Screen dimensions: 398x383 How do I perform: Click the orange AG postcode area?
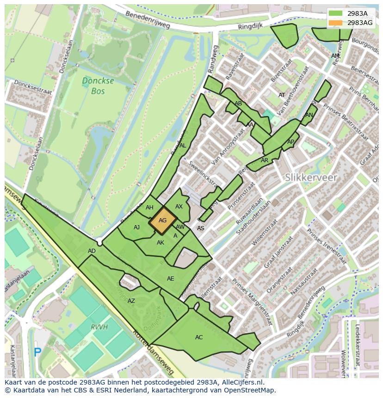click(162, 220)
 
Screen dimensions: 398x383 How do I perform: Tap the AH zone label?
click(149, 208)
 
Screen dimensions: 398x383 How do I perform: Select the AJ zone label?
click(136, 227)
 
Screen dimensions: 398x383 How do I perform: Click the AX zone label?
click(179, 207)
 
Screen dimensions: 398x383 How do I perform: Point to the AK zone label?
click(161, 243)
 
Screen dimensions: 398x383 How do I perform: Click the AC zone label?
click(199, 337)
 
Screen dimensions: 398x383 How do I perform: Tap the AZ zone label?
click(131, 301)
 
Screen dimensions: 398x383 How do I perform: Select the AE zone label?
click(171, 279)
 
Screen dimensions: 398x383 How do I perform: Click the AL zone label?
click(183, 146)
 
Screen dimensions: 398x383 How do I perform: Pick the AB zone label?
click(238, 104)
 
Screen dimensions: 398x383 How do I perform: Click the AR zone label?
click(265, 161)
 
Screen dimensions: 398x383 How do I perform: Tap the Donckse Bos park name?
click(93, 86)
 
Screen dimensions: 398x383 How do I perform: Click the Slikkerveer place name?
click(311, 178)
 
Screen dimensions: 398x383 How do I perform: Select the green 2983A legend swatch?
click(336, 13)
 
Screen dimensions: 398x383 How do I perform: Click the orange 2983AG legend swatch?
click(336, 22)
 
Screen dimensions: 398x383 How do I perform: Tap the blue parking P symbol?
click(37, 352)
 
